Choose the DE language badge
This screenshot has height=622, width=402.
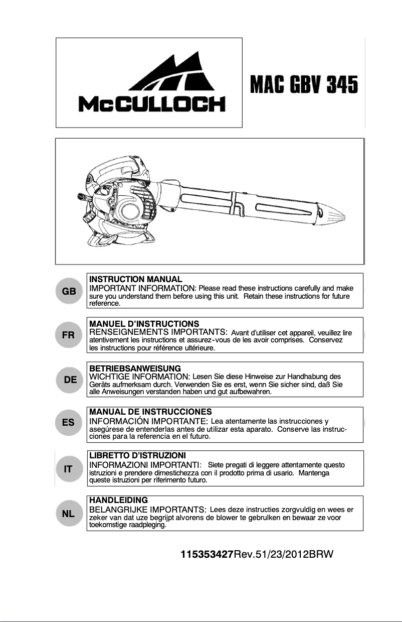pos(69,380)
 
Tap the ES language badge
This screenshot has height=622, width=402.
pos(69,423)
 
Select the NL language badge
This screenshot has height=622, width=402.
pos(69,514)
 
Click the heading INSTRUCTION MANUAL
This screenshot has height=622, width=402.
pos(135,279)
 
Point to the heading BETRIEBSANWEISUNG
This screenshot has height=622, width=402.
pos(135,368)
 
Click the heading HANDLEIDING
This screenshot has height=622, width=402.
pos(118,501)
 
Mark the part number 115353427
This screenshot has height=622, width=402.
pos(207,555)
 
